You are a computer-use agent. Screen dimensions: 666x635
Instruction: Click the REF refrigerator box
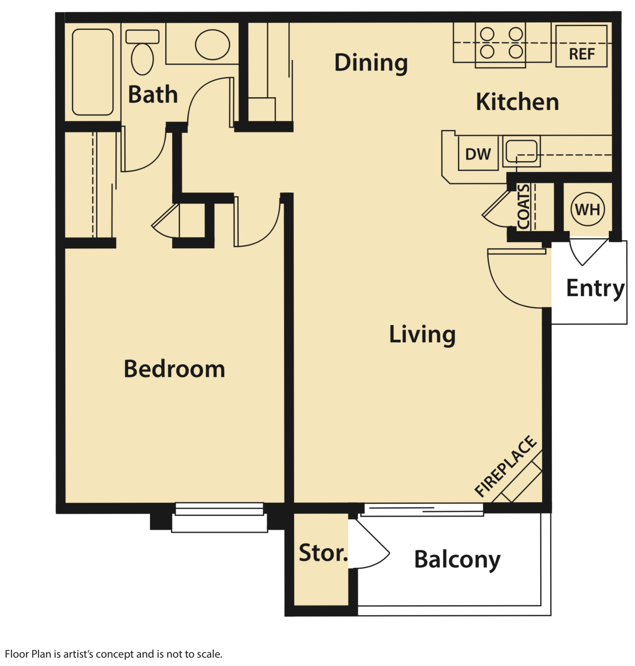(581, 46)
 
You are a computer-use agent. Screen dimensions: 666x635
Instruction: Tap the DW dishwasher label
(478, 155)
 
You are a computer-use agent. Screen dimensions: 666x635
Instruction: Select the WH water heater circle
(587, 210)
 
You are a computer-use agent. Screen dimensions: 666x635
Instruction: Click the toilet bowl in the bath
(142, 59)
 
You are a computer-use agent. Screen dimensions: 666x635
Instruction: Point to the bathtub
(93, 72)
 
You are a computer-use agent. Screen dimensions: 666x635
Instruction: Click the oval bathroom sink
(212, 45)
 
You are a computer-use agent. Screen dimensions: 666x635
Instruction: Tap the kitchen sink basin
(521, 151)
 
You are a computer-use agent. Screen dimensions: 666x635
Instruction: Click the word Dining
(371, 63)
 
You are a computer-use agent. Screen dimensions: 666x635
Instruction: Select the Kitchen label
(517, 102)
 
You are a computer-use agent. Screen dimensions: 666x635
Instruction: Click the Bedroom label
(174, 369)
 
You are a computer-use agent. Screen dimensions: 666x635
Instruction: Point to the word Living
(422, 334)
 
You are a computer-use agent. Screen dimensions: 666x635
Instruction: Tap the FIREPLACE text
(505, 466)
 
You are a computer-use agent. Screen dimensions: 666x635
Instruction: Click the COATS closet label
(524, 207)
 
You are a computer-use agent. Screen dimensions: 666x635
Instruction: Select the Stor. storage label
(323, 553)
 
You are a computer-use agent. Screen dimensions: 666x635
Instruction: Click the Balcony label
(457, 559)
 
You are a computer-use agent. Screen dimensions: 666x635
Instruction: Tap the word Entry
(594, 288)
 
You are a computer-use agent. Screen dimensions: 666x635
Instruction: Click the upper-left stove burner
(487, 34)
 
